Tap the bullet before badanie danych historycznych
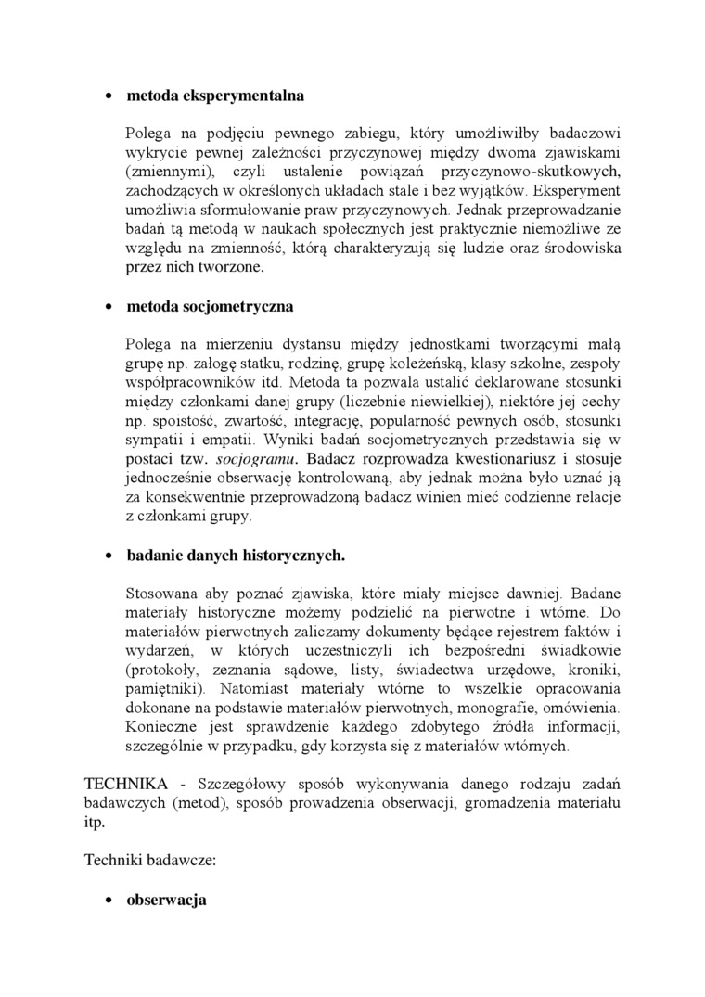click(109, 556)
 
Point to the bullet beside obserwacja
click(109, 901)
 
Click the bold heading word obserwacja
click(166, 901)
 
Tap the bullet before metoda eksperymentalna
click(109, 96)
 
